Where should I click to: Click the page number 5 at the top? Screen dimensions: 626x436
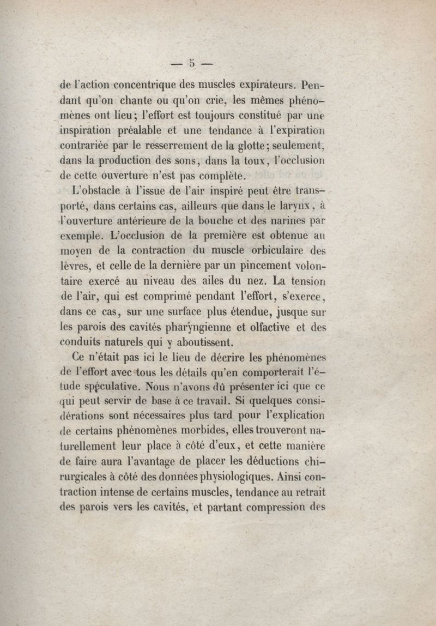pos(191,63)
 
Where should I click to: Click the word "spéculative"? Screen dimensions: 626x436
pos(107,389)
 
